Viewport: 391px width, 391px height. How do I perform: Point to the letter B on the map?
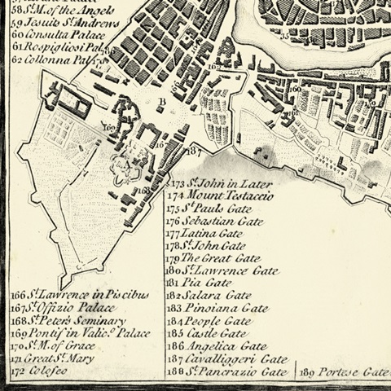pos(161,103)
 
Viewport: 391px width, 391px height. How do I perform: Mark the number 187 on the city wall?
pos(193,151)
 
